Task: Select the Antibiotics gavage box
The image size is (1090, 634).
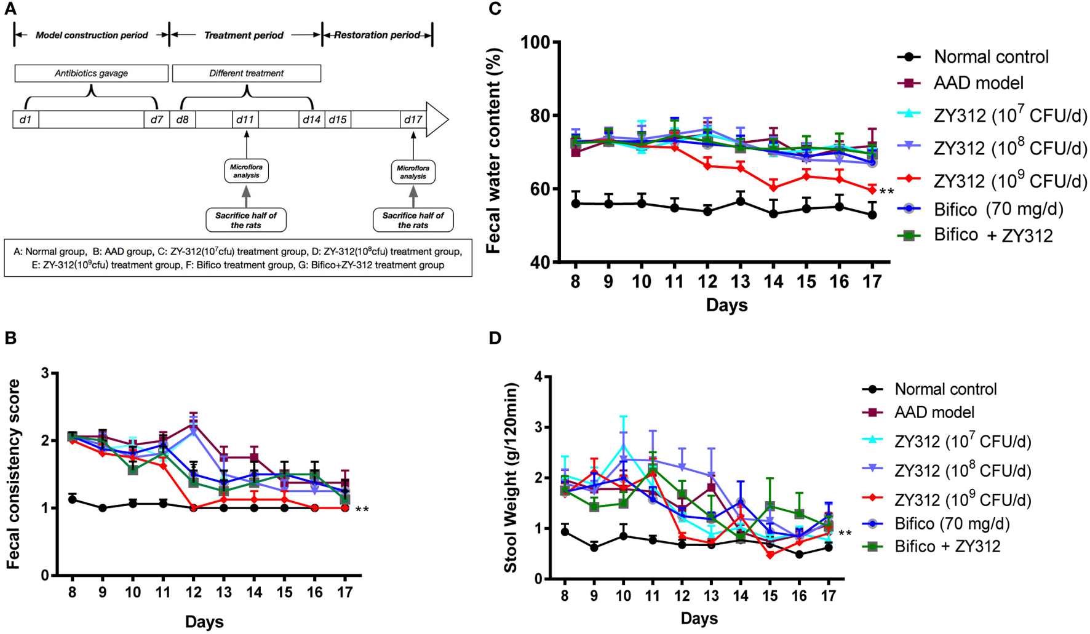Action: pos(91,73)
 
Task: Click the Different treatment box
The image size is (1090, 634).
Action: pos(246,73)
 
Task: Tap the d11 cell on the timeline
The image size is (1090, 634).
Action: pos(245,119)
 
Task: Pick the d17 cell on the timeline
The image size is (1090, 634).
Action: pos(413,119)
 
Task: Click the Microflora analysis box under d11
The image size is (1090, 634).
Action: pos(246,171)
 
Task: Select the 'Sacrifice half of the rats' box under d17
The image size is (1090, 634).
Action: pos(413,220)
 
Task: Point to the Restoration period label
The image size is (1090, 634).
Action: pos(376,35)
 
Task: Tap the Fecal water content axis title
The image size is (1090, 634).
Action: pos(494,151)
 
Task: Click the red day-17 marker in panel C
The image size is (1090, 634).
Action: pos(872,190)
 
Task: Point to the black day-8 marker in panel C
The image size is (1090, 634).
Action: pos(576,204)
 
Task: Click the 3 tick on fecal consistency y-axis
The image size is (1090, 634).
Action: pos(45,373)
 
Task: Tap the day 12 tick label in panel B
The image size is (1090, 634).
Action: pos(193,592)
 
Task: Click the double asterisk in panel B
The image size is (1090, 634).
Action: pos(362,510)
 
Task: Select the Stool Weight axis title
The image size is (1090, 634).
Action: pos(511,477)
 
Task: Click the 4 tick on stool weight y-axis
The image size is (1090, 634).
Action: pos(539,377)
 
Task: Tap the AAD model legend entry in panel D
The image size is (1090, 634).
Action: pos(934,413)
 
